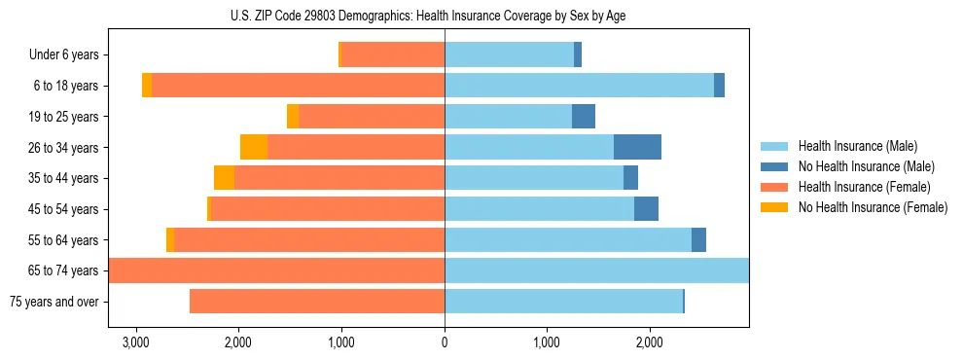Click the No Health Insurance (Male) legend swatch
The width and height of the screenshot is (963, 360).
(x=774, y=166)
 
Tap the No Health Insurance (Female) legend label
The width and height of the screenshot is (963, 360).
(x=873, y=207)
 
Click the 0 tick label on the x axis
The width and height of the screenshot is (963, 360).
(x=445, y=342)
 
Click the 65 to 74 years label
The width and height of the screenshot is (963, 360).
(x=63, y=270)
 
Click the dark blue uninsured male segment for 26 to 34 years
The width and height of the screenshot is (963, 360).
(x=637, y=147)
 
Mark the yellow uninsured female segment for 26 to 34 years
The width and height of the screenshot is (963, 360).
(x=254, y=147)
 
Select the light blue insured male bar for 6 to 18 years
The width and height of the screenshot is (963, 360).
(x=579, y=86)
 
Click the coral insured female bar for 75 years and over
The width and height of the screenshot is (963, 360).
(x=317, y=302)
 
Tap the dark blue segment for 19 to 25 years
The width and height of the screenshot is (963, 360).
(x=583, y=117)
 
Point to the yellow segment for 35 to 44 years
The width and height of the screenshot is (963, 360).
(x=224, y=178)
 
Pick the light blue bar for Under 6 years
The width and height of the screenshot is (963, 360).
(x=509, y=55)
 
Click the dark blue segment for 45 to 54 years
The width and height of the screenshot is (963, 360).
(x=646, y=209)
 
